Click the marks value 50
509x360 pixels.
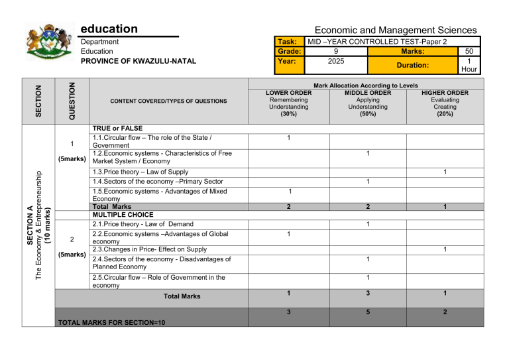coord(469,51)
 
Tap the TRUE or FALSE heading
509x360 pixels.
coord(117,128)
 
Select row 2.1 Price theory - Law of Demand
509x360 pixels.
coord(142,224)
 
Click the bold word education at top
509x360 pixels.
coord(109,29)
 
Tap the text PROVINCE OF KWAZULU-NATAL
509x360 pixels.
coord(138,61)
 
